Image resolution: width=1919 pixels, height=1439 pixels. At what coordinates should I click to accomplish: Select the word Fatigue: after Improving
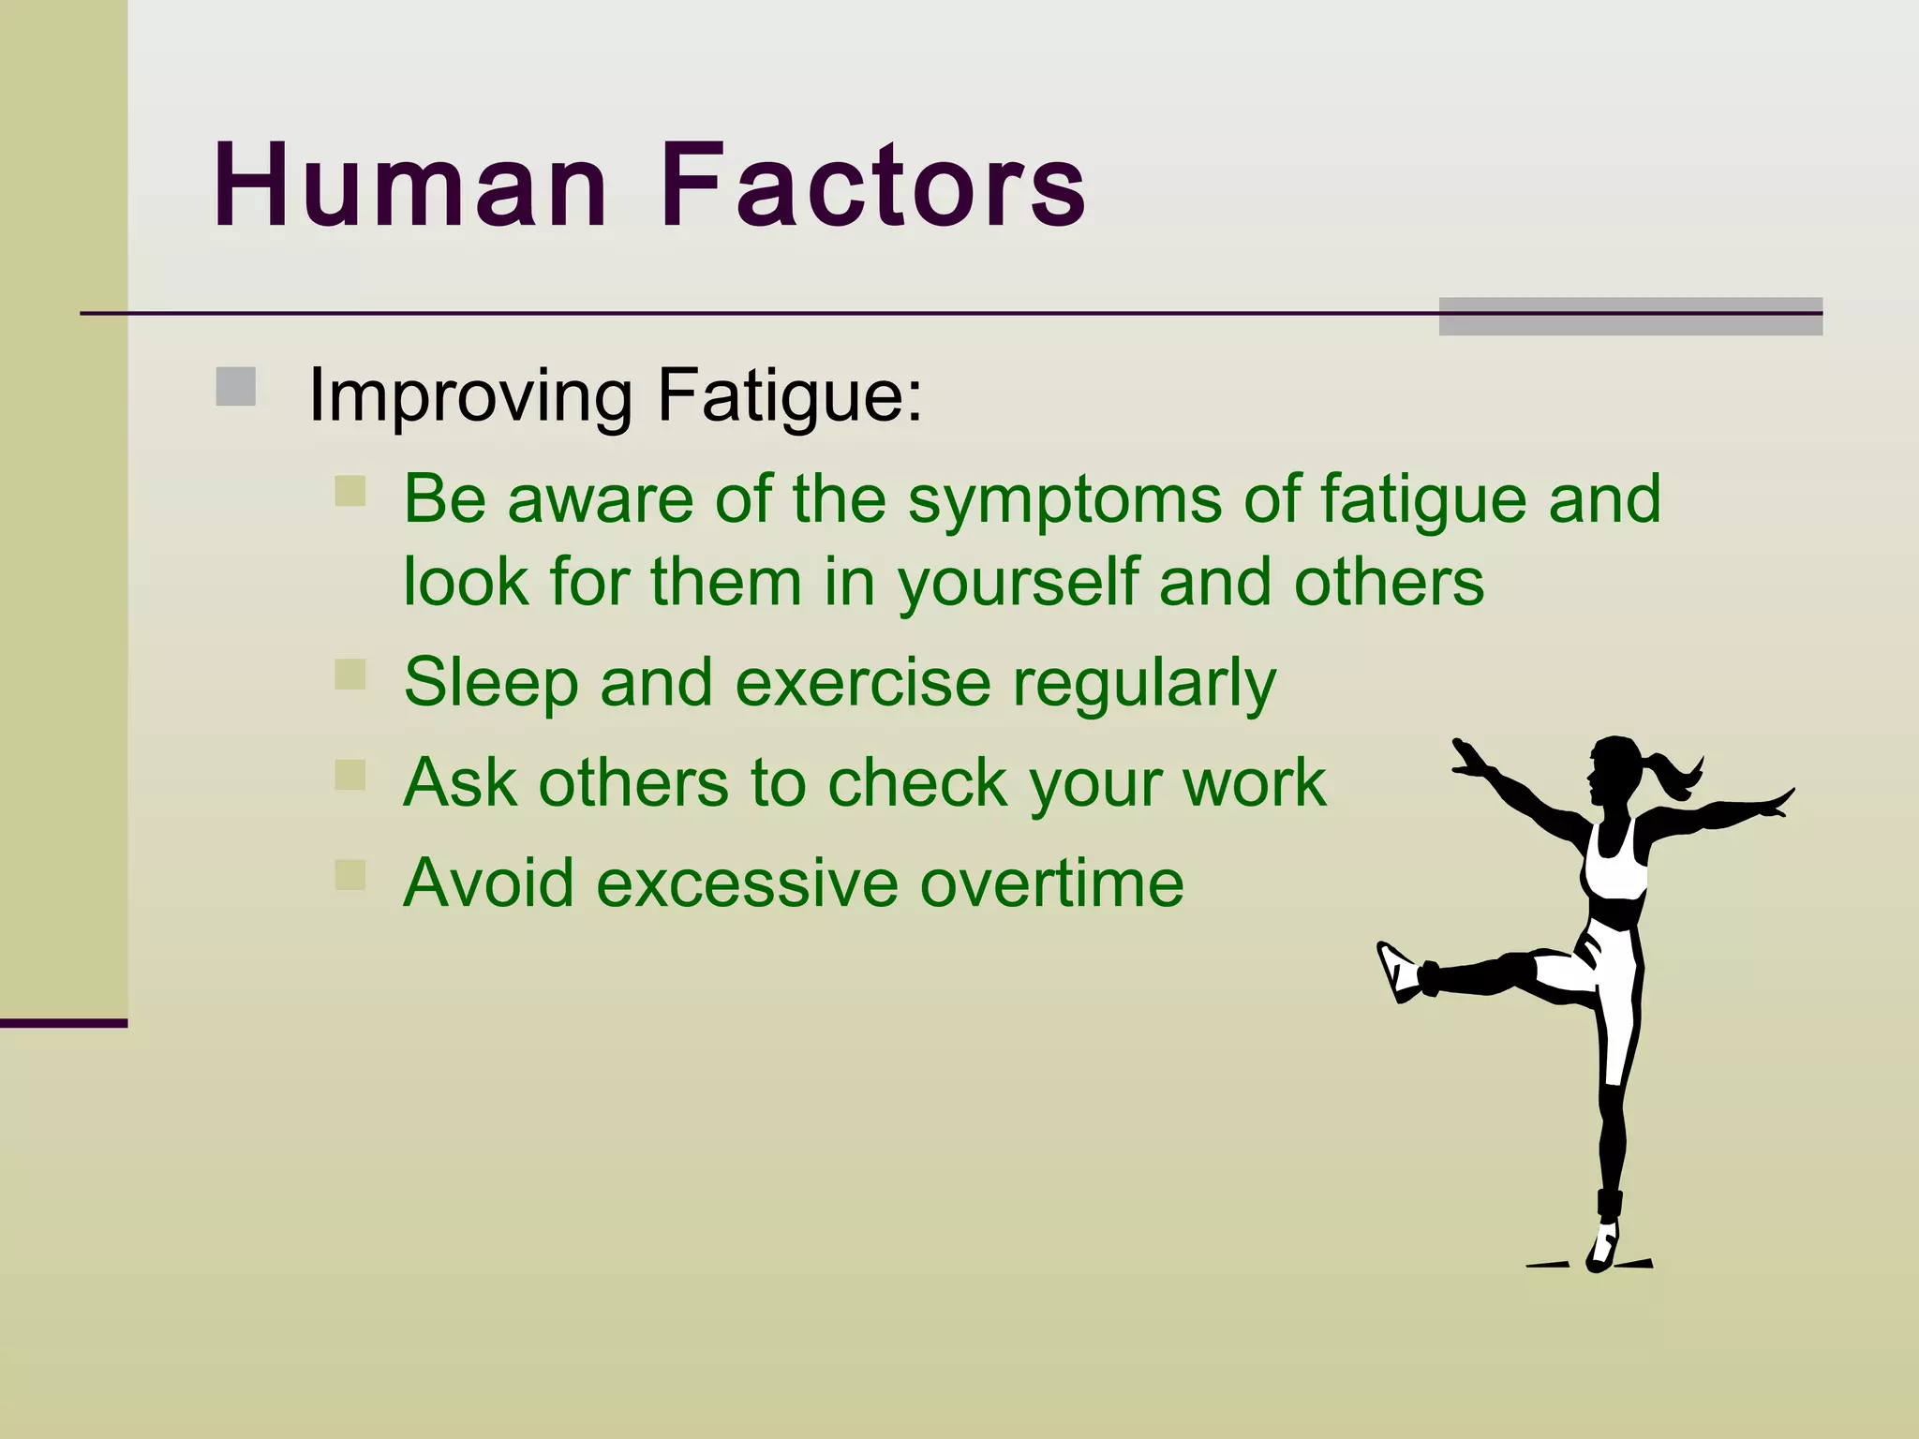coord(790,394)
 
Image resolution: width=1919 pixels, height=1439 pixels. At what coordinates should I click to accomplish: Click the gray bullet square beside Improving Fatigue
coord(235,387)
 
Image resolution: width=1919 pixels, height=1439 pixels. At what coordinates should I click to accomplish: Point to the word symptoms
coord(1064,499)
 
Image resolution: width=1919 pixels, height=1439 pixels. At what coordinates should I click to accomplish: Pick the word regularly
coord(1144,683)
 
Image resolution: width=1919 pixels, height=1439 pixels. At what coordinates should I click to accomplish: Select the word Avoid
coord(488,883)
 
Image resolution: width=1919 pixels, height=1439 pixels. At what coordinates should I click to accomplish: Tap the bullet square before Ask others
coord(350,775)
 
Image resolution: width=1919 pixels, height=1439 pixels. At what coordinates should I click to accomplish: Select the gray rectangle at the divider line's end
coord(1630,316)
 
